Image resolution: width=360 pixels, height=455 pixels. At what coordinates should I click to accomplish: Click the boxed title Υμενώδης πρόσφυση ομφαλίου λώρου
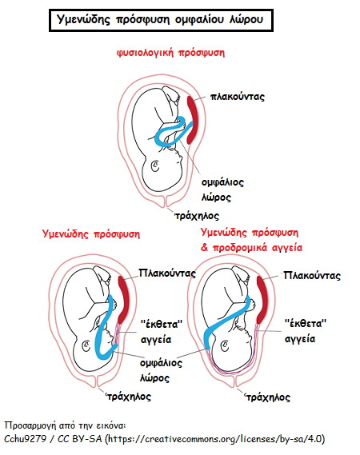(x=161, y=20)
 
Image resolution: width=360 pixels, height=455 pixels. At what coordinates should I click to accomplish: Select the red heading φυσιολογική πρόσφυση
(x=170, y=53)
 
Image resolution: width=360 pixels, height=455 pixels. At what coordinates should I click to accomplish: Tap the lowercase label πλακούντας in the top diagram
(x=238, y=97)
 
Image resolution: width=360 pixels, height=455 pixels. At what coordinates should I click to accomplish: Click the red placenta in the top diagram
(x=192, y=120)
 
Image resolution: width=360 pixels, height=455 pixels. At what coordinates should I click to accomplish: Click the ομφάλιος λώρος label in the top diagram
(x=222, y=190)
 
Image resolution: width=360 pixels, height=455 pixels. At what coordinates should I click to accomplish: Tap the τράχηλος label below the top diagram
(x=197, y=216)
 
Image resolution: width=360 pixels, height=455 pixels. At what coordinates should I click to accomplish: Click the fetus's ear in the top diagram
(x=155, y=166)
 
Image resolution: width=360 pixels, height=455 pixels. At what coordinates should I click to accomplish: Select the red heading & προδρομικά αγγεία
(x=251, y=248)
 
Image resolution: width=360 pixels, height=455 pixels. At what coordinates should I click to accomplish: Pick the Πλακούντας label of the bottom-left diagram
(x=167, y=273)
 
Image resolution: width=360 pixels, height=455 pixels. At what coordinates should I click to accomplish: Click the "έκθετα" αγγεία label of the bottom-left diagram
(x=161, y=332)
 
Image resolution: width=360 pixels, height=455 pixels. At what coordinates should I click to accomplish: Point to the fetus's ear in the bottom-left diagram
(x=86, y=346)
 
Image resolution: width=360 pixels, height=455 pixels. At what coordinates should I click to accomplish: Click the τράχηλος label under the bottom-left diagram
(x=129, y=397)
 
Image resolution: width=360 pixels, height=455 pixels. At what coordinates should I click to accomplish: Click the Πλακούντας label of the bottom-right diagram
(x=312, y=275)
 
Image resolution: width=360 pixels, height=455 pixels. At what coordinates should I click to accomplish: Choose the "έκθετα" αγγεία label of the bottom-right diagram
(x=306, y=331)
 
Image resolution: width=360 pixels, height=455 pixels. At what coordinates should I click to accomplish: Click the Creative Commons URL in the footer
(x=215, y=439)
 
